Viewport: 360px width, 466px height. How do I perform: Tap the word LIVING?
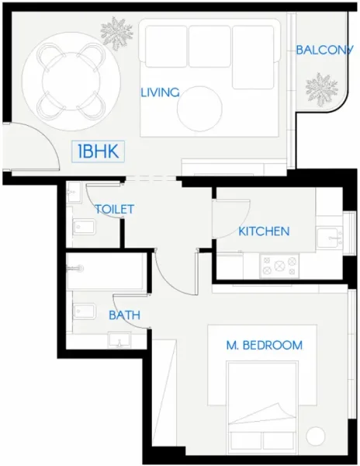[160, 92]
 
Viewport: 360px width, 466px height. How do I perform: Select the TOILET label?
[115, 210]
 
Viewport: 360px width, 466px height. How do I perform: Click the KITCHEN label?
[264, 231]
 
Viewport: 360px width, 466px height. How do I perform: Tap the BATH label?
[124, 316]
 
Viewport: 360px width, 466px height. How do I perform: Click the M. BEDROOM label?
[265, 346]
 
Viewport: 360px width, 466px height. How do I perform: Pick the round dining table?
[71, 80]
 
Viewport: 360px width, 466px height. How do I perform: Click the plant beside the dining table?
[116, 32]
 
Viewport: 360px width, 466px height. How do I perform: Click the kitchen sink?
[330, 237]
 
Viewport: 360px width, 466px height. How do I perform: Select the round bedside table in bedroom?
[317, 435]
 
